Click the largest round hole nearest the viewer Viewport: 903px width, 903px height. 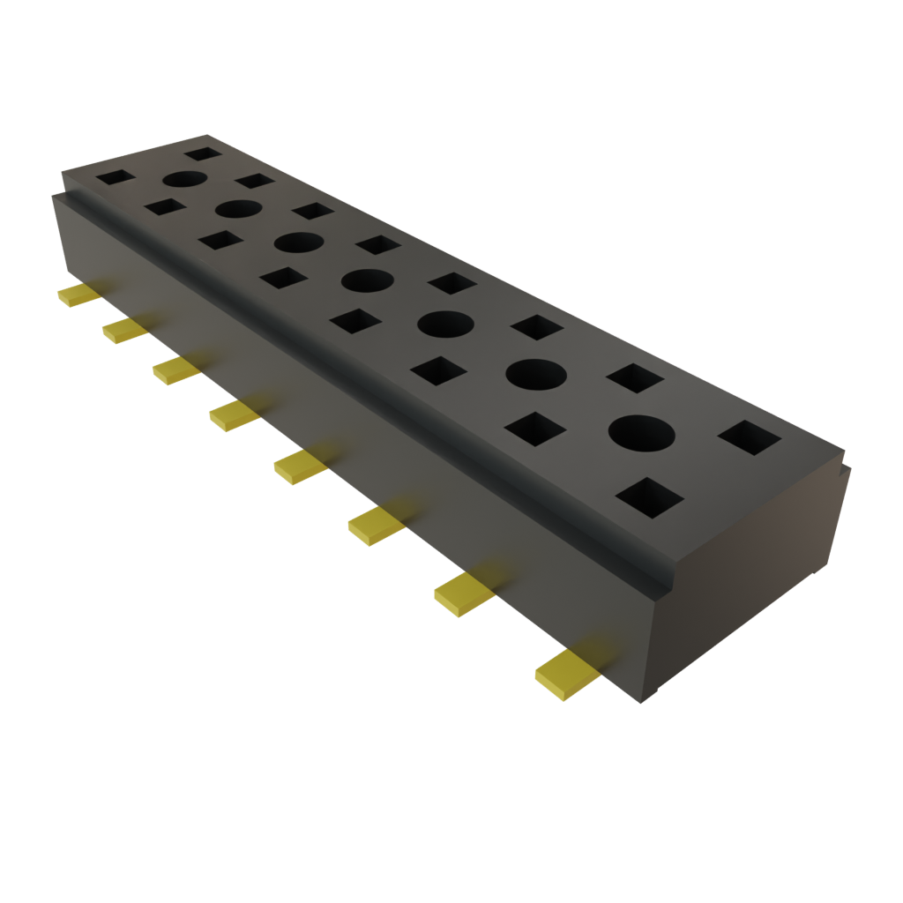tap(641, 434)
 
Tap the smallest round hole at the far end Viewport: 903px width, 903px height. tap(183, 179)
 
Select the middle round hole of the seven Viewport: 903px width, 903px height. tap(367, 281)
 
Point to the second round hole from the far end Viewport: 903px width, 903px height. tap(238, 209)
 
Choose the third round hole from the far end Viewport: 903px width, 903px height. tap(299, 242)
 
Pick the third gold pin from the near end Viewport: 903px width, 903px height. tap(376, 525)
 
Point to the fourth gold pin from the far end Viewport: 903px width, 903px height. tap(235, 414)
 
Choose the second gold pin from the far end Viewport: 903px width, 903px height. tap(125, 330)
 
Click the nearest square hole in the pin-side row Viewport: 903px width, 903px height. tap(649, 497)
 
